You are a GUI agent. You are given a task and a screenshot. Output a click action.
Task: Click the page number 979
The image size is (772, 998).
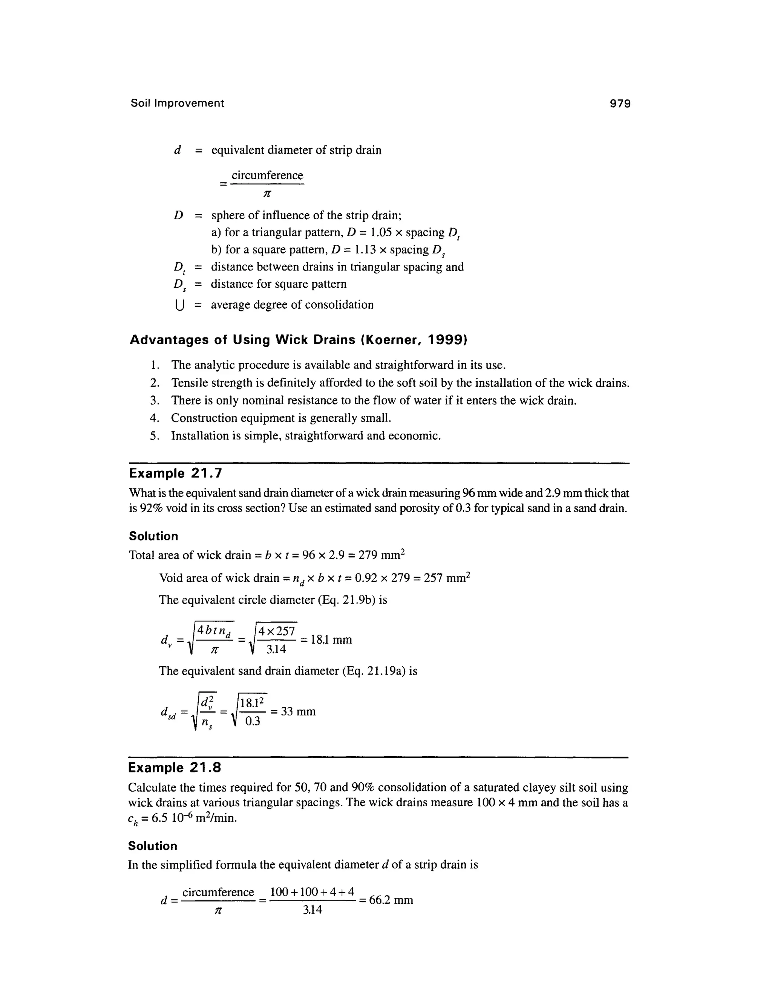click(x=620, y=104)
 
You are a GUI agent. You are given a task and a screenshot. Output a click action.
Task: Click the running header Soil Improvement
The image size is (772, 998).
click(x=178, y=103)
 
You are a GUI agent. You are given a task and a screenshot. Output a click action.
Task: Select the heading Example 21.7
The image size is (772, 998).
click(x=176, y=473)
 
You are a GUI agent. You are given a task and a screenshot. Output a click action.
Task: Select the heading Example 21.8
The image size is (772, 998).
click(x=175, y=768)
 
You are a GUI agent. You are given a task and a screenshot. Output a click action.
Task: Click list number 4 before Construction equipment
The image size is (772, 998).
click(x=154, y=418)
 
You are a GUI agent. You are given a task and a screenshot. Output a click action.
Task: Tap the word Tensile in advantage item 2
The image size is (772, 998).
click(x=189, y=383)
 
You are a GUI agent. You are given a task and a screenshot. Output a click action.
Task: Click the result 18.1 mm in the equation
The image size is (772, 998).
click(x=331, y=640)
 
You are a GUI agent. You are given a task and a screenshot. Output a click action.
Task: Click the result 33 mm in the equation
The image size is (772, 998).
click(x=298, y=711)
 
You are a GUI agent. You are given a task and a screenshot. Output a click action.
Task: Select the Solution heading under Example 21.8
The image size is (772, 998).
click(x=153, y=846)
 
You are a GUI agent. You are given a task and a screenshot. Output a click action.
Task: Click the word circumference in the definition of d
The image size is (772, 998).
click(x=267, y=175)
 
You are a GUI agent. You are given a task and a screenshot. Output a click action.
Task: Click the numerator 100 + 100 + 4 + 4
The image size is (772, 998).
click(x=312, y=891)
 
